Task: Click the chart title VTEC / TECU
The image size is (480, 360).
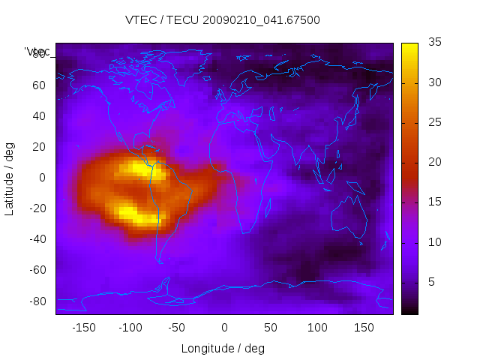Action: [223, 20]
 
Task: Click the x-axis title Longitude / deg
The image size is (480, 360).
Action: [223, 349]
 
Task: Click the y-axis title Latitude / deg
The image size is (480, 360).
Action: [10, 178]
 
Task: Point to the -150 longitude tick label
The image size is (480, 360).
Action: [83, 328]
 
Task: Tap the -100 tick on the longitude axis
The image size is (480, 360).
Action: [130, 328]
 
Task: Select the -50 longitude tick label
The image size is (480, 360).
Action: [177, 328]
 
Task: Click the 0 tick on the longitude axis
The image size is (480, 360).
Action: [224, 328]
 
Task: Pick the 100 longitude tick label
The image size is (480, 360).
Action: [318, 328]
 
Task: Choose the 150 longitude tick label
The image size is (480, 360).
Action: [364, 328]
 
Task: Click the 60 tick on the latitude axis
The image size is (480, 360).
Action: [38, 85]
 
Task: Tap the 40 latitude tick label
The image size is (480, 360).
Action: [38, 115]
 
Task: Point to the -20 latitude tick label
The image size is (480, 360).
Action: [36, 208]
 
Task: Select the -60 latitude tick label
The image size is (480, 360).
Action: [36, 270]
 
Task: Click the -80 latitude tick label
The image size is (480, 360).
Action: [36, 301]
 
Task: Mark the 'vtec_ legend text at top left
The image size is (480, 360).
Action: [37, 52]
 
